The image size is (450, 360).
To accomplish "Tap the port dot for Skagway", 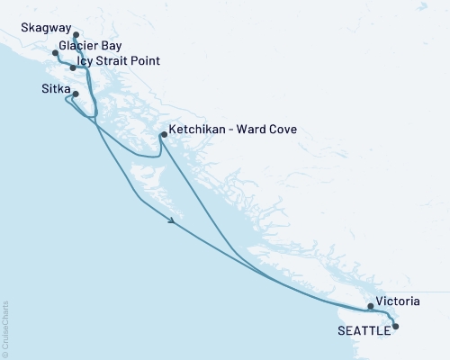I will click(x=76, y=36).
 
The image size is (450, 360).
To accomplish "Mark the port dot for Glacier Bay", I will click(x=56, y=53).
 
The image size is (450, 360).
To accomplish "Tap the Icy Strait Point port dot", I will click(x=73, y=67).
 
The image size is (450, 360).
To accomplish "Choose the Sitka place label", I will click(x=56, y=90).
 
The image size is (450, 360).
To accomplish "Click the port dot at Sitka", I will click(x=76, y=94).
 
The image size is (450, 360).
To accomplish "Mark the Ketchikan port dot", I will click(x=162, y=136).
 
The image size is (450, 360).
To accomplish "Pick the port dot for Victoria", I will click(x=371, y=306).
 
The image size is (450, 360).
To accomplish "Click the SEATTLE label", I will click(x=364, y=330).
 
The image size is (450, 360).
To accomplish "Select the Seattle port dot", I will click(x=395, y=327).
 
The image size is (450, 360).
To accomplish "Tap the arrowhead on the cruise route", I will click(x=171, y=220).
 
